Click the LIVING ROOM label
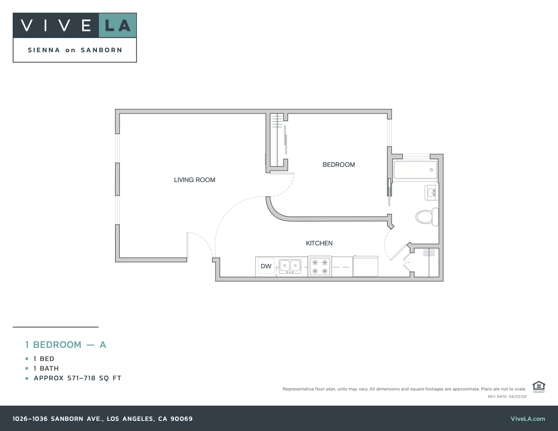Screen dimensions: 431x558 pyautogui.click(x=194, y=180)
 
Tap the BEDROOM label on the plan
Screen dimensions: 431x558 pyautogui.click(x=338, y=165)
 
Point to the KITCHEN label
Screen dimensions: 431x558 pyautogui.click(x=319, y=243)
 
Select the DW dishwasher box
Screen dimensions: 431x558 pyautogui.click(x=266, y=266)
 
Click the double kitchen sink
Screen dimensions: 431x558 pyautogui.click(x=289, y=266)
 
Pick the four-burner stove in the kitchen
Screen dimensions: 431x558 pyautogui.click(x=320, y=267)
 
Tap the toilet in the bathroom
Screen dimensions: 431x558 pyautogui.click(x=427, y=217)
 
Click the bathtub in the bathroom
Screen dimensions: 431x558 pyautogui.click(x=415, y=170)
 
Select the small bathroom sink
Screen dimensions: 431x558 pyautogui.click(x=432, y=192)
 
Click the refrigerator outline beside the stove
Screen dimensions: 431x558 pyautogui.click(x=365, y=267)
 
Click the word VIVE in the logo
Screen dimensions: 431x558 pyautogui.click(x=56, y=25)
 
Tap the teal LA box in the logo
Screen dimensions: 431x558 pyautogui.click(x=118, y=25)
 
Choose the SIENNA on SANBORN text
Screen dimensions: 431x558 pyautogui.click(x=75, y=50)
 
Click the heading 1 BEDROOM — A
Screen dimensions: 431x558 pyautogui.click(x=65, y=345)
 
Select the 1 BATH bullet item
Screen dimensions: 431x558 pyautogui.click(x=46, y=369)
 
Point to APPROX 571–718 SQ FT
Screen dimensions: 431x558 pyautogui.click(x=78, y=378)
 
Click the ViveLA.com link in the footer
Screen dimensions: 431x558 pyautogui.click(x=528, y=419)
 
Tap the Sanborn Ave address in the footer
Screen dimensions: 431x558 pyautogui.click(x=102, y=419)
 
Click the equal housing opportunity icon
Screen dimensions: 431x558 pyautogui.click(x=539, y=386)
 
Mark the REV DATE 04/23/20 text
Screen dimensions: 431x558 pyautogui.click(x=507, y=397)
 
